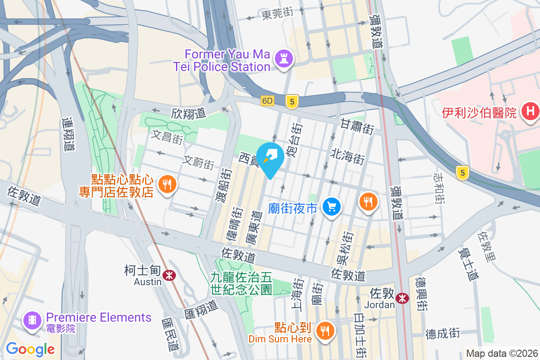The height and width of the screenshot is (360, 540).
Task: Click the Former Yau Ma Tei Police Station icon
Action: pyautogui.click(x=283, y=59)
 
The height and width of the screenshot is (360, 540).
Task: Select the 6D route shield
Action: pyautogui.click(x=267, y=101)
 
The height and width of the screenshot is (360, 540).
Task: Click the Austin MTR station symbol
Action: pyautogui.click(x=169, y=275)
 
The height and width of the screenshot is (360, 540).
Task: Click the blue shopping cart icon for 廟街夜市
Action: pyautogui.click(x=332, y=207)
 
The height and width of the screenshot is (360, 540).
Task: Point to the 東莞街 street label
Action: pyautogui.click(x=277, y=14)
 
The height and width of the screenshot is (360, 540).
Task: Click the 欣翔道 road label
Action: pyautogui.click(x=188, y=113)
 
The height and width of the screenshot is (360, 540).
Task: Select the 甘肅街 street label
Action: pyautogui.click(x=357, y=126)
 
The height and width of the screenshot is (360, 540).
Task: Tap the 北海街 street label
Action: pyautogui.click(x=347, y=157)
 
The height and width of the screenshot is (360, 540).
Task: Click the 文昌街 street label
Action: pyautogui.click(x=166, y=137)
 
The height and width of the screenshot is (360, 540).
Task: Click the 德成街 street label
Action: pyautogui.click(x=442, y=333)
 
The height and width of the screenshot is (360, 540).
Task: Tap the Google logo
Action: pyautogui.click(x=30, y=349)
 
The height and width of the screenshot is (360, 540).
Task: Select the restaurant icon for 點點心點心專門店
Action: pyautogui.click(x=166, y=185)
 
